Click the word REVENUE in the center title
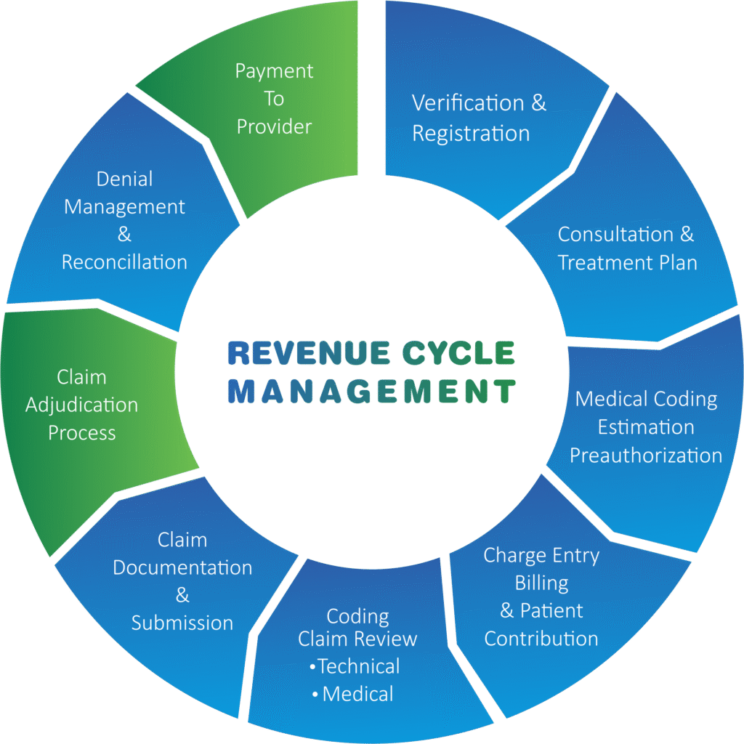[x=308, y=353]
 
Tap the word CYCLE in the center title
[x=458, y=353]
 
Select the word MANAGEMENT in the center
[x=371, y=391]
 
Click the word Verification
[x=467, y=103]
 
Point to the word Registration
[x=471, y=134]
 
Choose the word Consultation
[x=615, y=235]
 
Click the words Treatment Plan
[x=627, y=263]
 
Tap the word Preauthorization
[x=646, y=456]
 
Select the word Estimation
[x=646, y=427]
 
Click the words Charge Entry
[x=541, y=556]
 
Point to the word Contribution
[x=541, y=639]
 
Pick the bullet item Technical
[x=355, y=666]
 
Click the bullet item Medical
[x=353, y=694]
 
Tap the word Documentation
[x=182, y=567]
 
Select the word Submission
[x=182, y=623]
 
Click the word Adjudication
[x=81, y=405]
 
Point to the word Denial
[x=124, y=179]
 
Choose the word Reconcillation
[x=124, y=262]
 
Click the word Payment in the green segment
[x=274, y=72]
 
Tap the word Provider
[x=274, y=126]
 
